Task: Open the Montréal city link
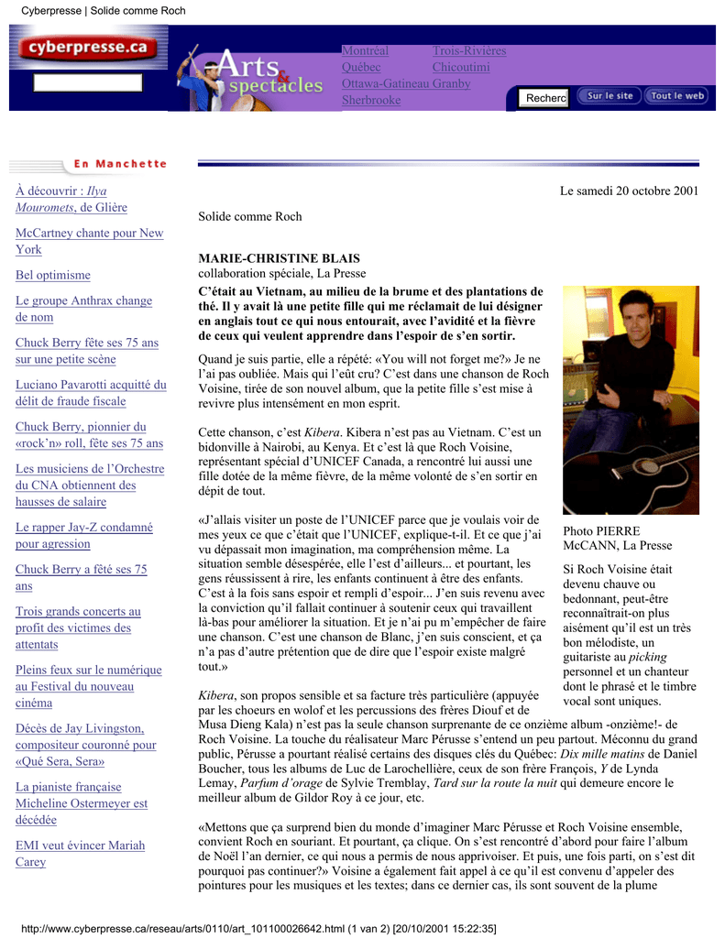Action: (x=365, y=51)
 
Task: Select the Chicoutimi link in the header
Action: (x=461, y=68)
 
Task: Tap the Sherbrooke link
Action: (x=371, y=101)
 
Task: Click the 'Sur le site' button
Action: (x=610, y=96)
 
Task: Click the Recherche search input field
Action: (x=544, y=98)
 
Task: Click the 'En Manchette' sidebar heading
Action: (x=120, y=164)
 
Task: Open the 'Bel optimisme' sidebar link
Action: (x=53, y=276)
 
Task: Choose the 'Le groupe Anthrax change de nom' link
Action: (x=83, y=310)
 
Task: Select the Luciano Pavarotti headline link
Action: (x=91, y=394)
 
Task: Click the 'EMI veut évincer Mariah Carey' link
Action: (x=80, y=854)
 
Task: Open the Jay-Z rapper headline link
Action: (x=83, y=536)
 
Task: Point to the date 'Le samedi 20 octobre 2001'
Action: (x=629, y=191)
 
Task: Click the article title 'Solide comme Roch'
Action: (x=250, y=217)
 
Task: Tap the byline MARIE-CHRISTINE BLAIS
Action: (x=280, y=259)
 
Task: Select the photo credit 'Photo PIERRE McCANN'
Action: (x=617, y=539)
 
